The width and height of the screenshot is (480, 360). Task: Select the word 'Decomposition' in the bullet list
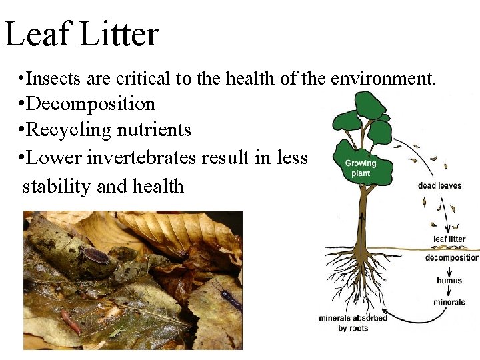tap(93, 104)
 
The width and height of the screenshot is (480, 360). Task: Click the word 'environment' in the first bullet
tap(379, 79)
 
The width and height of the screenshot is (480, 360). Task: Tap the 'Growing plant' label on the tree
tap(360, 168)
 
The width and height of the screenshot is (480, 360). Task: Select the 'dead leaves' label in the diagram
tap(439, 185)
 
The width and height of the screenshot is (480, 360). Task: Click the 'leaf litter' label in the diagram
tap(449, 239)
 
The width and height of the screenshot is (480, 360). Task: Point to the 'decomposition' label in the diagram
tap(452, 258)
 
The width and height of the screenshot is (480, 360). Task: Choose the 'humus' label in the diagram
tap(449, 281)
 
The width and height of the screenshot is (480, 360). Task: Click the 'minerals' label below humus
tap(449, 302)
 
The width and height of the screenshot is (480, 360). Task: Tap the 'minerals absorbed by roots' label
tap(353, 323)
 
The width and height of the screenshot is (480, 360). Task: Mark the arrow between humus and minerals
tap(449, 291)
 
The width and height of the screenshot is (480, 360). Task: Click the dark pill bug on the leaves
tap(96, 255)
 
